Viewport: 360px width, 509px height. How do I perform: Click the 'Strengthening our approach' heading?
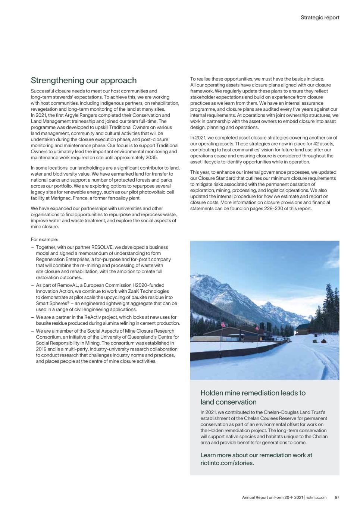click(x=84, y=81)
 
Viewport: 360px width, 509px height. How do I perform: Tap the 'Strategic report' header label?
click(x=320, y=18)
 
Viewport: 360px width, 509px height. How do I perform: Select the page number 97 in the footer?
click(x=337, y=497)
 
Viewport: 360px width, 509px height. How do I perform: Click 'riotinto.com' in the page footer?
click(x=316, y=497)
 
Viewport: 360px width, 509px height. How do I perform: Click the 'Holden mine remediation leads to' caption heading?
click(x=253, y=393)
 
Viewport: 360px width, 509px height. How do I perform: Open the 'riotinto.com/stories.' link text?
click(x=227, y=463)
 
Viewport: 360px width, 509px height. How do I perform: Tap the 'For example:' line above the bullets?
click(x=44, y=239)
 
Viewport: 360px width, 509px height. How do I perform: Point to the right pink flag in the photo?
click(x=257, y=328)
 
